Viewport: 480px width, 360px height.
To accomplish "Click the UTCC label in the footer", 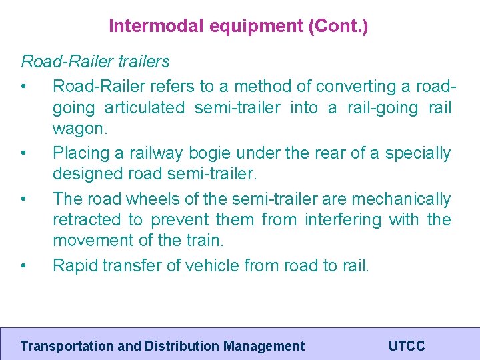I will pyautogui.click(x=406, y=346).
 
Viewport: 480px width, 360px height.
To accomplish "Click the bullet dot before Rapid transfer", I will pyautogui.click(x=23, y=266).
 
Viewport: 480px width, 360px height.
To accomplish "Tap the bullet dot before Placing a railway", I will pyautogui.click(x=23, y=153).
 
